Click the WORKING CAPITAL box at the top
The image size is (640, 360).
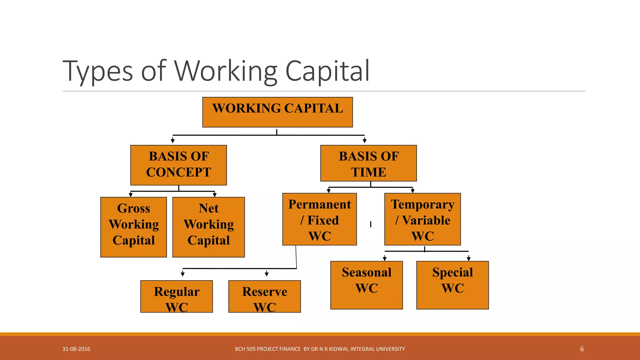click(277, 112)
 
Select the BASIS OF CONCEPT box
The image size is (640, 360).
click(178, 165)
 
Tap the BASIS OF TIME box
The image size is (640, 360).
click(368, 163)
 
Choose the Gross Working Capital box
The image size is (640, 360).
click(133, 227)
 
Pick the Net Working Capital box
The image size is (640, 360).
click(208, 227)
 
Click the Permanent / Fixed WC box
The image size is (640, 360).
click(319, 219)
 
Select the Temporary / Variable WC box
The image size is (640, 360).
click(422, 219)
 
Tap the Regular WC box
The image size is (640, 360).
click(177, 296)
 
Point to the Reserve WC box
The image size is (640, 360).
click(264, 296)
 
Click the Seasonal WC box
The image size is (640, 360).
click(367, 285)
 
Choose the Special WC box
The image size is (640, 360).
click(452, 285)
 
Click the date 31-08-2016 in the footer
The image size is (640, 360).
click(76, 349)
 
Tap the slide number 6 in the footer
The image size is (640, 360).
click(582, 349)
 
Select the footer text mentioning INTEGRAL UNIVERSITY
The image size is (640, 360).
click(320, 349)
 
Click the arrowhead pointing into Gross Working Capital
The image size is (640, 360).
click(131, 195)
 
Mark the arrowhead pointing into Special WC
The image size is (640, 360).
click(468, 258)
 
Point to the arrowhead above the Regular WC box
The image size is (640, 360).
click(182, 274)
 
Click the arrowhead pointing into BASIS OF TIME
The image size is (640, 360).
click(364, 141)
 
